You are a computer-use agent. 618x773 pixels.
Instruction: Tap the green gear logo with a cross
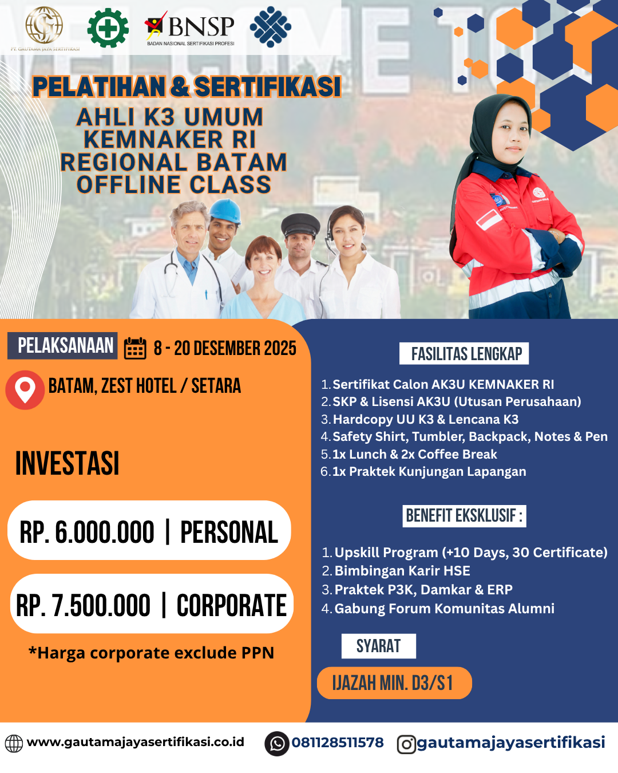(x=108, y=27)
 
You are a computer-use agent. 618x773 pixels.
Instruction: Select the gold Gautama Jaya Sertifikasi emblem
(x=44, y=25)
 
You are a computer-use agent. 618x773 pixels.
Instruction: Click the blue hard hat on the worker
(x=225, y=211)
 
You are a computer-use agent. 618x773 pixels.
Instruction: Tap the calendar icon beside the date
(x=136, y=348)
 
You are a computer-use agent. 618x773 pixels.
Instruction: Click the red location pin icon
(x=25, y=390)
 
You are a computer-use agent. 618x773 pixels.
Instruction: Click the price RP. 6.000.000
(x=87, y=532)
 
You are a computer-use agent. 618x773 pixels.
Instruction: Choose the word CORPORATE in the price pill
(x=231, y=605)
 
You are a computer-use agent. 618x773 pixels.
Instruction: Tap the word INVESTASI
(x=67, y=463)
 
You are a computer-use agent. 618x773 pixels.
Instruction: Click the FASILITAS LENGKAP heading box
(x=464, y=354)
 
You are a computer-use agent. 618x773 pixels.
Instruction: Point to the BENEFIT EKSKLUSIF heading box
(x=464, y=516)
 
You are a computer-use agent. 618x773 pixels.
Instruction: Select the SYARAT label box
(x=378, y=646)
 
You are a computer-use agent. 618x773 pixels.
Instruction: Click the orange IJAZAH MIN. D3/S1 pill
(x=394, y=683)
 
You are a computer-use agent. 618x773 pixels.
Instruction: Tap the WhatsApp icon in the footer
(x=277, y=744)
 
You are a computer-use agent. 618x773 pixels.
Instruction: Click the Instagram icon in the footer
(x=406, y=744)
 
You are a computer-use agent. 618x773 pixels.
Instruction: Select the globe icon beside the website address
(x=14, y=743)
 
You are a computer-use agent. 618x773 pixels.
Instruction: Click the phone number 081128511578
(x=338, y=743)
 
